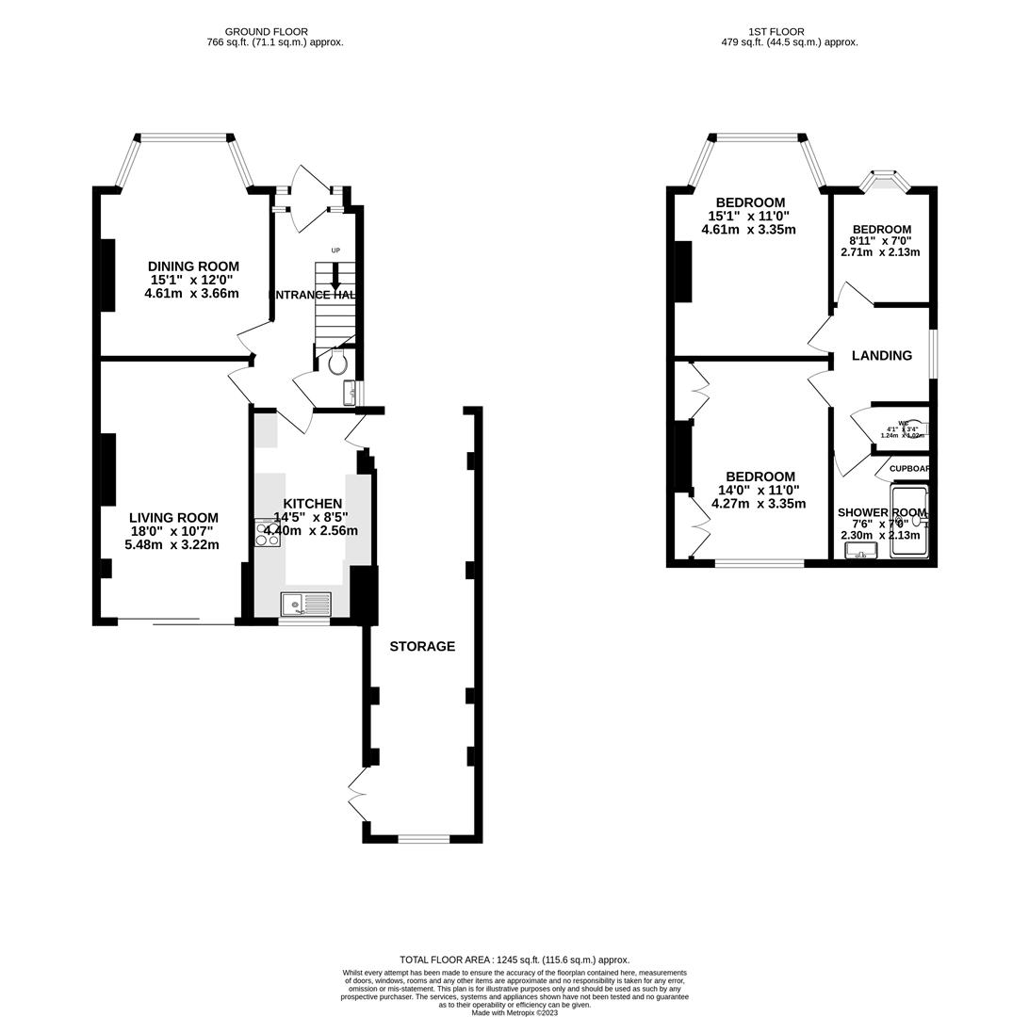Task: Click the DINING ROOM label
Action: point(194,266)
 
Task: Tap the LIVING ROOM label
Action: point(173,518)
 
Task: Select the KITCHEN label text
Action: point(312,504)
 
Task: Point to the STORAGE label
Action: point(422,646)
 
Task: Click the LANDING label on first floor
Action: point(881,356)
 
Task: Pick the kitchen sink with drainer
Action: point(305,604)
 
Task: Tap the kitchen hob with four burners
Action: point(267,533)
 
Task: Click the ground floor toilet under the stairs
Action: point(338,363)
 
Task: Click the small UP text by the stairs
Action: point(335,250)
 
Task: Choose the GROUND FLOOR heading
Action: point(266,32)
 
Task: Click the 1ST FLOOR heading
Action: point(776,32)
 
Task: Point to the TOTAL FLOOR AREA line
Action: point(514,960)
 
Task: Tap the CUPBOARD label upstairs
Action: point(909,469)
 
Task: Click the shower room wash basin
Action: point(860,550)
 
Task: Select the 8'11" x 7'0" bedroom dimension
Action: point(881,241)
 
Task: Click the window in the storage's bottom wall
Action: point(423,838)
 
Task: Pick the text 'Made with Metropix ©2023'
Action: point(514,1013)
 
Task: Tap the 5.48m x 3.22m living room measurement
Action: point(171,544)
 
